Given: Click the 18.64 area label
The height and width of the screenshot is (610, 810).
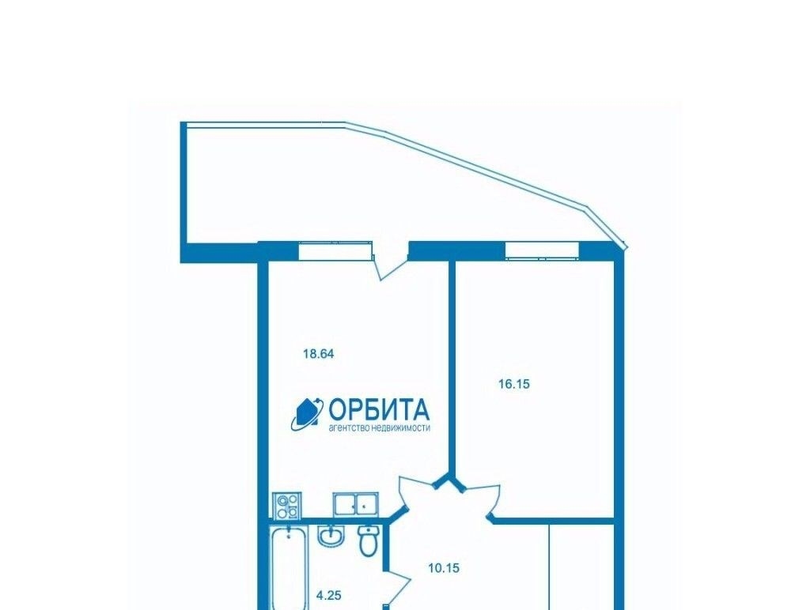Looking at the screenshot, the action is tap(319, 354).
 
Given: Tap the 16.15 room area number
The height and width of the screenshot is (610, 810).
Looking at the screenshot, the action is tap(514, 384).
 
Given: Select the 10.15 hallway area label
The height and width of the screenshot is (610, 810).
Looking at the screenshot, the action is tap(444, 568).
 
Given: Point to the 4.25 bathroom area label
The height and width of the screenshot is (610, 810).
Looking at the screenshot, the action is tap(328, 595).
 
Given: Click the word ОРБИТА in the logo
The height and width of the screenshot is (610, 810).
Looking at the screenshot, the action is tap(379, 410).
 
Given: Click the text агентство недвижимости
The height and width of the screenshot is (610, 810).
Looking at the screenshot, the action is tap(379, 428).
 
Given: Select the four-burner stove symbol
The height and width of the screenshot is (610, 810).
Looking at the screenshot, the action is tap(286, 505).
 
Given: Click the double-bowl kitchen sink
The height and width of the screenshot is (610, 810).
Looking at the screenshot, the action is tap(355, 503).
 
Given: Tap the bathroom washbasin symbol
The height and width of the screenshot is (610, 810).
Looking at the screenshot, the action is tap(330, 537).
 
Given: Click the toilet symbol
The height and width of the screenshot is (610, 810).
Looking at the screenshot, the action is tap(368, 541).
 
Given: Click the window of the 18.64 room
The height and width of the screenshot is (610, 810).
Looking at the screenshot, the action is tap(335, 250).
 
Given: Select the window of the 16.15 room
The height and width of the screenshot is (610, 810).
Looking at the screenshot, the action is tap(542, 250).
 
